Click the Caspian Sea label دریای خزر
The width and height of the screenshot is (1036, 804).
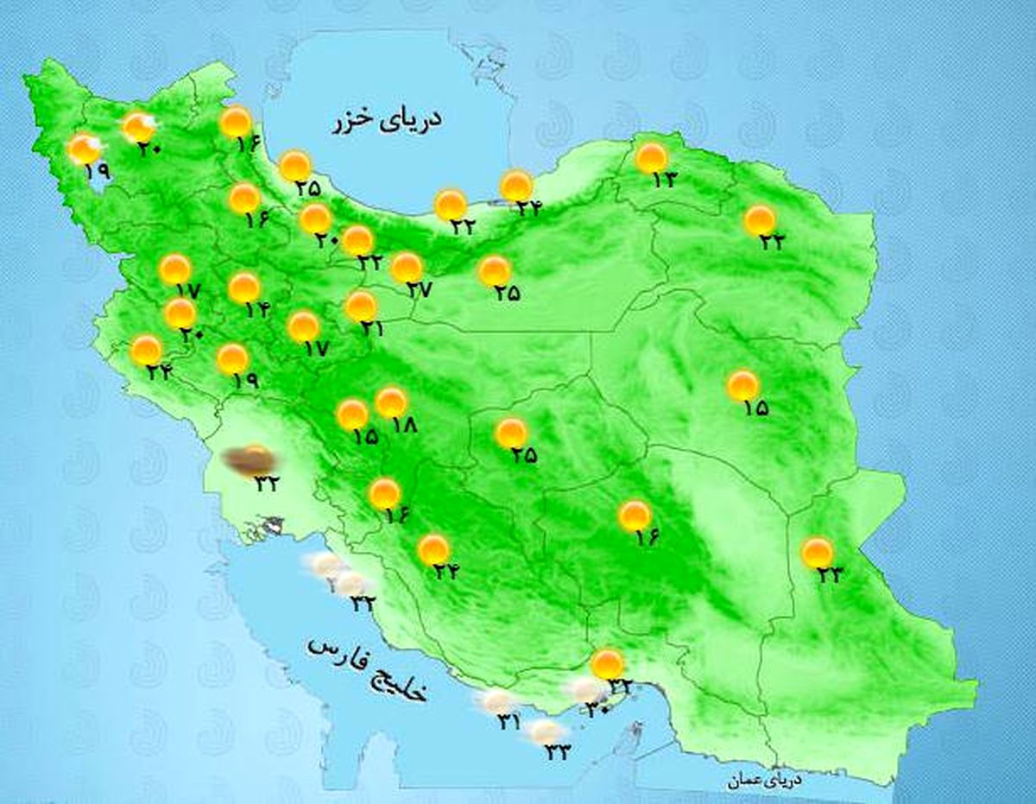click(x=386, y=121)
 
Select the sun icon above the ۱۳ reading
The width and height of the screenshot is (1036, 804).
click(x=652, y=158)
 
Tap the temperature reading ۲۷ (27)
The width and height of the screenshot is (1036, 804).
click(x=419, y=290)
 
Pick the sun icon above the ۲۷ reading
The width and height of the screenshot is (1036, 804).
click(x=407, y=268)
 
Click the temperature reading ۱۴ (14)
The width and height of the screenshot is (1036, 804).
click(x=256, y=308)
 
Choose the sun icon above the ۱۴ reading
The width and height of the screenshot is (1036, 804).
click(x=244, y=288)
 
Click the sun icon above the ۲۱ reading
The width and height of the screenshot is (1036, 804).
click(x=361, y=306)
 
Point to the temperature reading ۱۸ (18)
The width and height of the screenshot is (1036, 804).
click(x=403, y=425)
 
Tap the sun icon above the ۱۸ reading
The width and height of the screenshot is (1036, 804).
click(x=391, y=402)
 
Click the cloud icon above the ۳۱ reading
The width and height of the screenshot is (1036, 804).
click(x=498, y=701)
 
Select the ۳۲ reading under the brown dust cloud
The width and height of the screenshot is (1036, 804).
click(x=265, y=484)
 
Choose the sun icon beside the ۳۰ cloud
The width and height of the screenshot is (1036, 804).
click(x=608, y=664)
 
